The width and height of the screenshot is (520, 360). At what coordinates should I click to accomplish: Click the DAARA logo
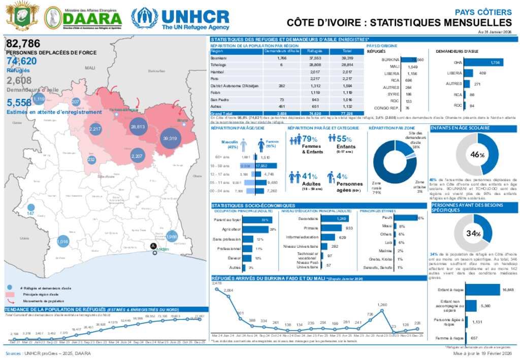point(83,18)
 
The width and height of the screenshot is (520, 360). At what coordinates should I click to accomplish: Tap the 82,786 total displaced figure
point(23,45)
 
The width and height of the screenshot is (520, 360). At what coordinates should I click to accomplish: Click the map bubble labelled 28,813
point(138,127)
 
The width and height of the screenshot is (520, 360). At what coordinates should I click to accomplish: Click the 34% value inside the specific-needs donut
point(474,234)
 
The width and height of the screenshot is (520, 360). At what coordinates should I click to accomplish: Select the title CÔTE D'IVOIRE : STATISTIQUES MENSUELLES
point(399,23)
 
